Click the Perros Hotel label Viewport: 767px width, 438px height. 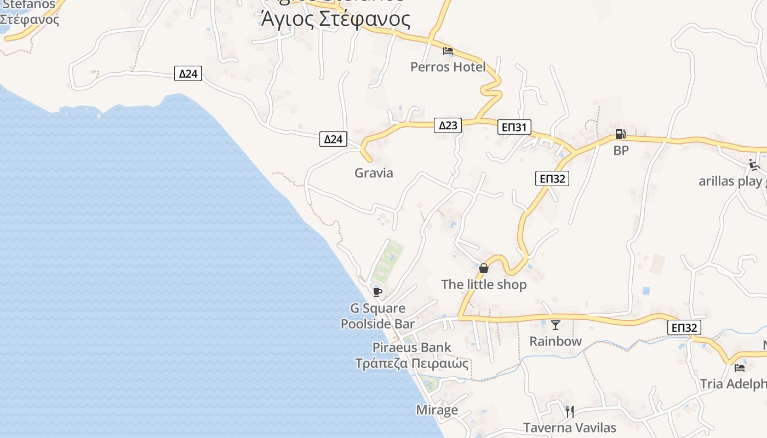click(x=448, y=67)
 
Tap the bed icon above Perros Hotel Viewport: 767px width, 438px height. click(x=448, y=51)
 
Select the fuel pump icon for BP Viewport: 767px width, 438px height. click(x=620, y=134)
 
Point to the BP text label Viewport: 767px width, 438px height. click(x=621, y=150)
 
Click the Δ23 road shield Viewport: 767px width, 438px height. click(x=448, y=125)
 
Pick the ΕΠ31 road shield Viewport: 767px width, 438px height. click(x=515, y=128)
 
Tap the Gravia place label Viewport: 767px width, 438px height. click(x=374, y=173)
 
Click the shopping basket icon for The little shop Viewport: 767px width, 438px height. click(x=483, y=268)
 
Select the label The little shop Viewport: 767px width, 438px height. click(x=484, y=285)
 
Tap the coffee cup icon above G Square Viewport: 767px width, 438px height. click(x=377, y=291)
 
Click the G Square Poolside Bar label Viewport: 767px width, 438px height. click(x=377, y=316)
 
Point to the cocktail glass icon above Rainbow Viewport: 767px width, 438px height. click(x=556, y=325)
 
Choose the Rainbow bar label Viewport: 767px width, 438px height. click(x=556, y=341)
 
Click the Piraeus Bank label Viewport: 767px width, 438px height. click(x=412, y=347)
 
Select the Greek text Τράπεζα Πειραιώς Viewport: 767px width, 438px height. click(x=412, y=363)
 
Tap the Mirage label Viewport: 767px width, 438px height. click(x=437, y=410)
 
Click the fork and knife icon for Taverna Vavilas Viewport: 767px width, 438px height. click(x=570, y=411)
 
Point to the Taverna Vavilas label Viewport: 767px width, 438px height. click(x=570, y=428)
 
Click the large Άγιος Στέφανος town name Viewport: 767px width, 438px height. click(x=336, y=19)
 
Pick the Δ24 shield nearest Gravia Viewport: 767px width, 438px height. click(x=333, y=139)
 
